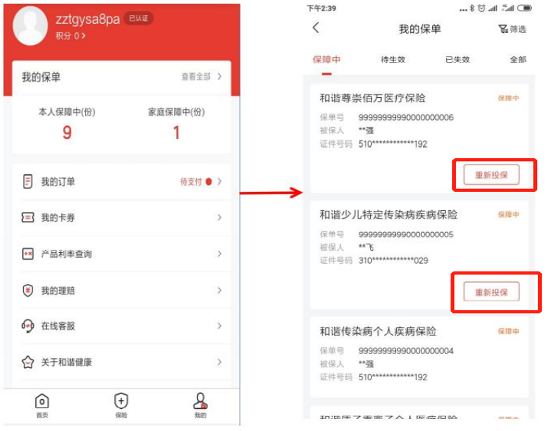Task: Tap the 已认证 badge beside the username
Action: (x=139, y=19)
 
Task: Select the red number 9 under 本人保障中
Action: (x=67, y=133)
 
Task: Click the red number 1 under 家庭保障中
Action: (x=176, y=133)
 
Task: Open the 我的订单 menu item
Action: (x=58, y=182)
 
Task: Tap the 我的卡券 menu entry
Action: (x=58, y=218)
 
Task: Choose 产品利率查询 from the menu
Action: (x=66, y=254)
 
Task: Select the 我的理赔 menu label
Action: (x=58, y=290)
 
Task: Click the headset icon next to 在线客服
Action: (x=28, y=326)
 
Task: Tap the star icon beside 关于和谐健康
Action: (x=28, y=362)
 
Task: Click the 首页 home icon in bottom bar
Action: (x=42, y=401)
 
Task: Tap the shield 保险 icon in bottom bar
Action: (x=121, y=401)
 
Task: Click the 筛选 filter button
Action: (x=512, y=29)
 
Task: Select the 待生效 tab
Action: (x=393, y=59)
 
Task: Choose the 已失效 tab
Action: (x=458, y=59)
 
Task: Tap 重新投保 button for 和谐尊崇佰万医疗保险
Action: (x=491, y=176)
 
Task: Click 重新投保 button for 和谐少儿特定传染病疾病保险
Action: (x=491, y=292)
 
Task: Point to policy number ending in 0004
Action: (x=406, y=351)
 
